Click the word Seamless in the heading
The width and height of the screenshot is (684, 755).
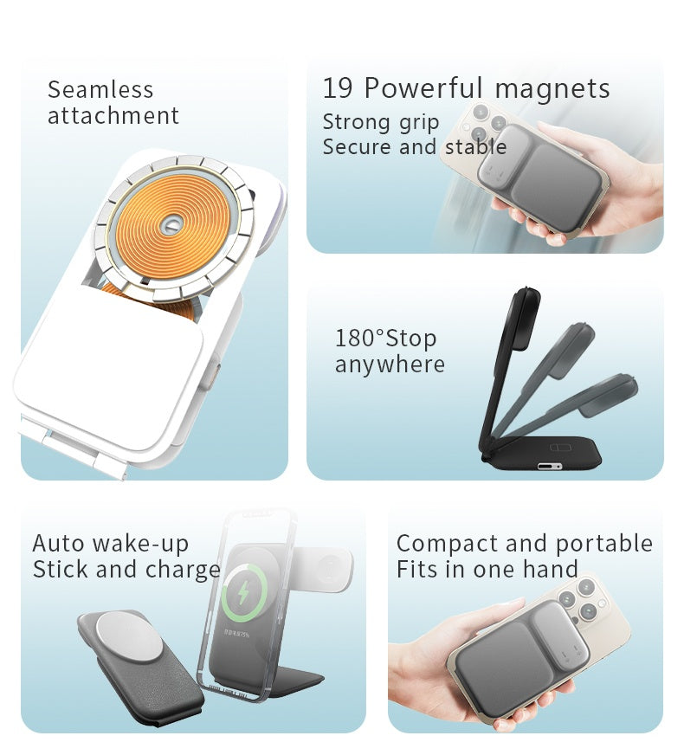[x=100, y=90]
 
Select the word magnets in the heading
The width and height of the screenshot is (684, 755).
[x=552, y=88]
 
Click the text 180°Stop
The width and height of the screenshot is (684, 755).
[x=385, y=338]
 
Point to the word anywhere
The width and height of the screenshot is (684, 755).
[x=390, y=365]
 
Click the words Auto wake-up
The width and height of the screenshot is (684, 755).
[x=110, y=544]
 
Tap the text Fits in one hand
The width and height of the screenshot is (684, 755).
[x=487, y=570]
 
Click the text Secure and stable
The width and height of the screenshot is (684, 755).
[x=414, y=147]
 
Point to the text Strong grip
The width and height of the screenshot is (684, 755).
[x=381, y=122]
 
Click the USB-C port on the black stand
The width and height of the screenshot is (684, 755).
[x=549, y=466]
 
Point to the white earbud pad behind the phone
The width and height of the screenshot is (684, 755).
[x=328, y=569]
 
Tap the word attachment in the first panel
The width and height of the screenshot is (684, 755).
[x=113, y=116]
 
